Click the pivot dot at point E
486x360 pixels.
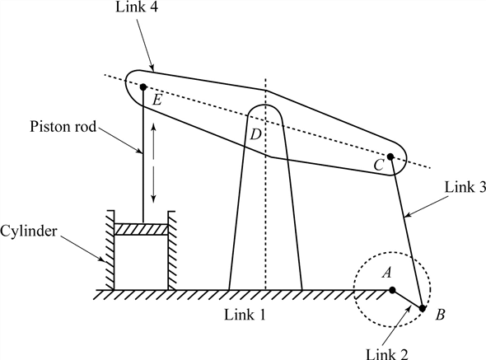pyautogui.click(x=143, y=86)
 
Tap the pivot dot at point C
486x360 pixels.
pyautogui.click(x=391, y=156)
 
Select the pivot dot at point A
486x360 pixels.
pyautogui.click(x=392, y=290)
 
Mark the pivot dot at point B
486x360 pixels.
pyautogui.click(x=423, y=308)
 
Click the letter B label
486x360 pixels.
pyautogui.click(x=441, y=314)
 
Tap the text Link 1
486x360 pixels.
pyautogui.click(x=246, y=316)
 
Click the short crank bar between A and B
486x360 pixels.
pyautogui.click(x=407, y=299)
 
